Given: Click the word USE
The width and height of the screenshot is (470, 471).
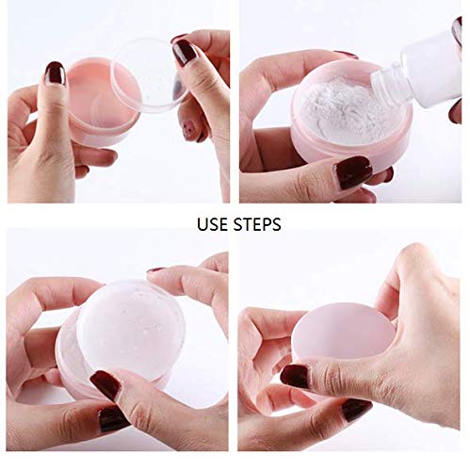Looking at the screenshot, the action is pyautogui.click(x=212, y=224).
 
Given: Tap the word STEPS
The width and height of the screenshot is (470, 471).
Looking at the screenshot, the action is pyautogui.click(x=257, y=224).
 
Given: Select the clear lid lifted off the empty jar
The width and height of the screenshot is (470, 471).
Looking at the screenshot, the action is pyautogui.click(x=151, y=75).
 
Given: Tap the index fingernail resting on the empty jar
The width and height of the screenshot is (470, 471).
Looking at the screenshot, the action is pyautogui.click(x=55, y=73).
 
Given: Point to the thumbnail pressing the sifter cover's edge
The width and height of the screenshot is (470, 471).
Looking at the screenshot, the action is pyautogui.click(x=106, y=384).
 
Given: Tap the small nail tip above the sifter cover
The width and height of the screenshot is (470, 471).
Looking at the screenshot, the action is pyautogui.click(x=155, y=269).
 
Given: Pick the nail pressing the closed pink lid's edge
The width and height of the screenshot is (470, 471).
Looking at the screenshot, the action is pyautogui.click(x=295, y=376).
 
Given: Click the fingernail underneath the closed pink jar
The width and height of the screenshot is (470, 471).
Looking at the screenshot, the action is pyautogui.click(x=356, y=410).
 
